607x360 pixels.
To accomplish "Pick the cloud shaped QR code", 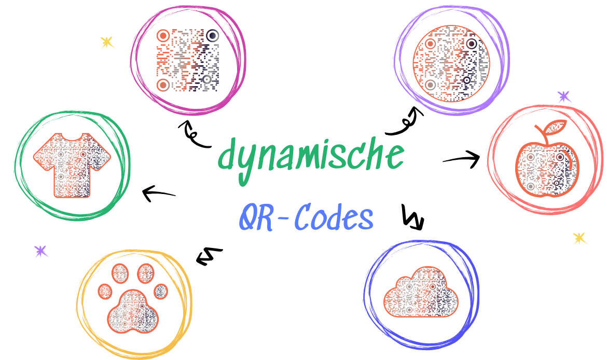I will (x=421, y=296).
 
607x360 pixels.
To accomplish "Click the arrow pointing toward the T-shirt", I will (x=159, y=194).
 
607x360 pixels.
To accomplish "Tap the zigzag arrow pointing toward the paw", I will (x=209, y=256).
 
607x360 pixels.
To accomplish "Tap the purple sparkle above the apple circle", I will (x=563, y=96).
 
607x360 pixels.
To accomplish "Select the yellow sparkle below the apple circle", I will (x=580, y=238).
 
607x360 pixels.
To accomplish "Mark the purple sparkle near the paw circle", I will (x=40, y=252).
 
